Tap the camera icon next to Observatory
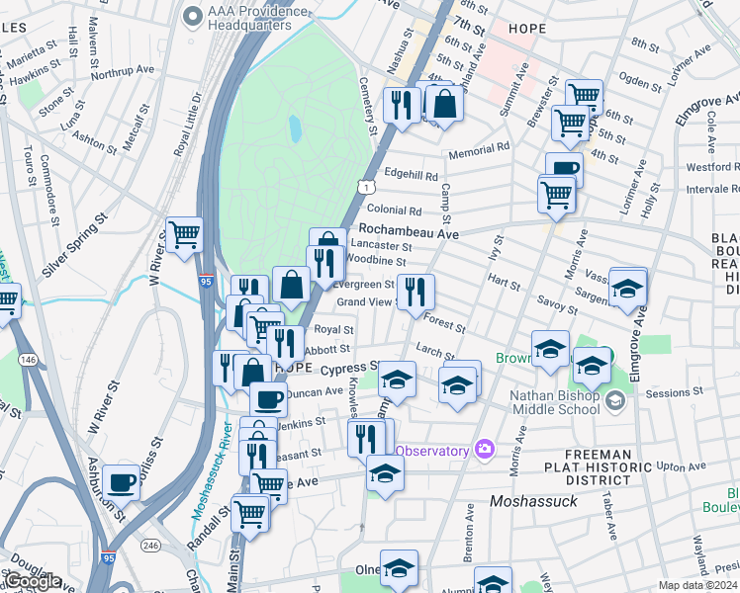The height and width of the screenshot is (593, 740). [x=484, y=449]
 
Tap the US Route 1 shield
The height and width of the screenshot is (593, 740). [x=368, y=186]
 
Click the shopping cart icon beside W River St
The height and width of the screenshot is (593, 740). [x=184, y=235]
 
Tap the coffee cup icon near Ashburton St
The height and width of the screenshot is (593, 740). [x=121, y=480]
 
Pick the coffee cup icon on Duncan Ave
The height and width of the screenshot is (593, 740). [x=268, y=398]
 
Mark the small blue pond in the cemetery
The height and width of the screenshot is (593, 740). [x=295, y=127]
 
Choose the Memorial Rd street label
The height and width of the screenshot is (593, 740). [x=478, y=147]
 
